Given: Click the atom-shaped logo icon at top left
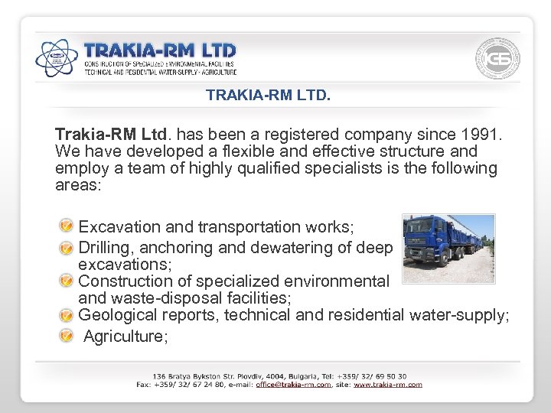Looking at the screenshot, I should (x=57, y=57).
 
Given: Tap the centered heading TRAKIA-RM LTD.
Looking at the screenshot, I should (x=268, y=96).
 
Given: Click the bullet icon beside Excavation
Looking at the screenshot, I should (x=68, y=226).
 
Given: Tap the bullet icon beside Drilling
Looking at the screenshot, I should (x=68, y=247).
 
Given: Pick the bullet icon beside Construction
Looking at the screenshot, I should (x=68, y=281).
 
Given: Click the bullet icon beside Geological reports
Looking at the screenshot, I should (x=68, y=315).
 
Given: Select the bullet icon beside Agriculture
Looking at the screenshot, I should (x=68, y=336).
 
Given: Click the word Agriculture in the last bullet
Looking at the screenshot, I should (x=125, y=336).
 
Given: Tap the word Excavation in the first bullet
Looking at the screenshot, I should (x=119, y=227).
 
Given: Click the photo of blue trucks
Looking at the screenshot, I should (x=448, y=248).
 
